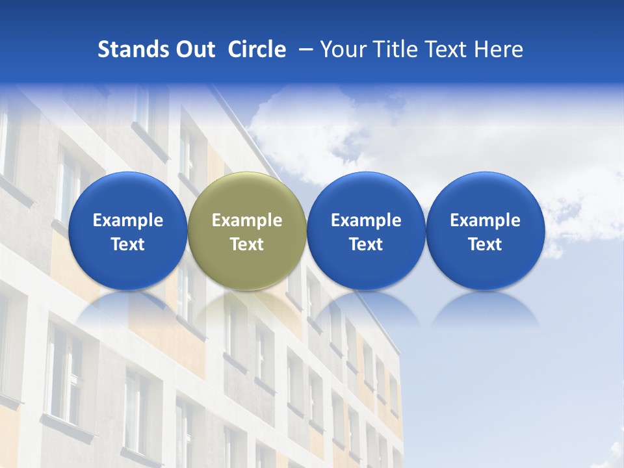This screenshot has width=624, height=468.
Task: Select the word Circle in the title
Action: pos(257,49)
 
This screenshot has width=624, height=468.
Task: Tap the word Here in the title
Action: pos(499,49)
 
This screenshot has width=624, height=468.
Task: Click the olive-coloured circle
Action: pos(247,231)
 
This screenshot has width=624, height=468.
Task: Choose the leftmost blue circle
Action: pos(127,231)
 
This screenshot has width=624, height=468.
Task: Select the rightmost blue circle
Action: pos(486,231)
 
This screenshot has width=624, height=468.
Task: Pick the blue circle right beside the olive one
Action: pos(366,231)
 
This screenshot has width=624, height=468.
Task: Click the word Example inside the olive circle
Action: pos(247,220)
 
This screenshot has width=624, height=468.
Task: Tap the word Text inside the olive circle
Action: pos(247,244)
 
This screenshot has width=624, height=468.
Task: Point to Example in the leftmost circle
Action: pos(127,220)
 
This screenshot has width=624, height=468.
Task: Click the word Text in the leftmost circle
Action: pos(127,244)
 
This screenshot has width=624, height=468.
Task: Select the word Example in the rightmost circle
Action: pos(486,220)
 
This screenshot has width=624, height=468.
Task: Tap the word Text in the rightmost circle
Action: pos(486,244)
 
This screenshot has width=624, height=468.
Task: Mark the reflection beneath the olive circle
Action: pos(247,308)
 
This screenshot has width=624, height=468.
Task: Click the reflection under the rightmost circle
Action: pos(486,308)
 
